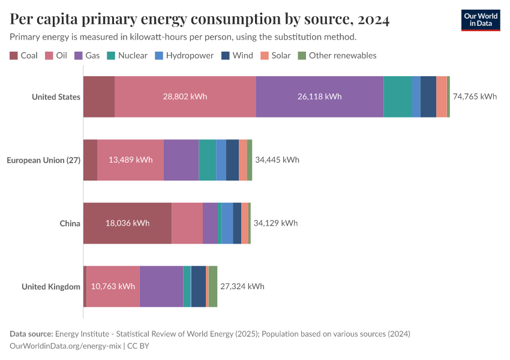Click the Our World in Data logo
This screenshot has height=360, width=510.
480,20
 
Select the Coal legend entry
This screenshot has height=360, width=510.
24,55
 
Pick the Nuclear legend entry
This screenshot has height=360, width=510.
127,55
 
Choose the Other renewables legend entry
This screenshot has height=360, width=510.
337,55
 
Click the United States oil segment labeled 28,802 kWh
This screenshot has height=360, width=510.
185,97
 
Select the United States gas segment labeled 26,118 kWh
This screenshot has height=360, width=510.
319,97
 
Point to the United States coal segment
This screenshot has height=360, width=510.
98,97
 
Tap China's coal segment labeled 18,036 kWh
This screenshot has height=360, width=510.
127,223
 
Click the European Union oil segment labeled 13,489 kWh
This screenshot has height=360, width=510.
130,160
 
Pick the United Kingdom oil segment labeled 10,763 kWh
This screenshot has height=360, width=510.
113,286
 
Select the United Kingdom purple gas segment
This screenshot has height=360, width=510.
161,286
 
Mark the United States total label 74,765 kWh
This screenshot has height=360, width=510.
475,97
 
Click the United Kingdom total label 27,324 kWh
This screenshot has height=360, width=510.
242,286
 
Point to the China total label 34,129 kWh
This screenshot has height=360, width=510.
275,223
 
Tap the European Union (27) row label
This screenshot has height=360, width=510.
43,160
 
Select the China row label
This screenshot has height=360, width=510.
70,223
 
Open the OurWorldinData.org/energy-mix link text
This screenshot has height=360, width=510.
65,346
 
